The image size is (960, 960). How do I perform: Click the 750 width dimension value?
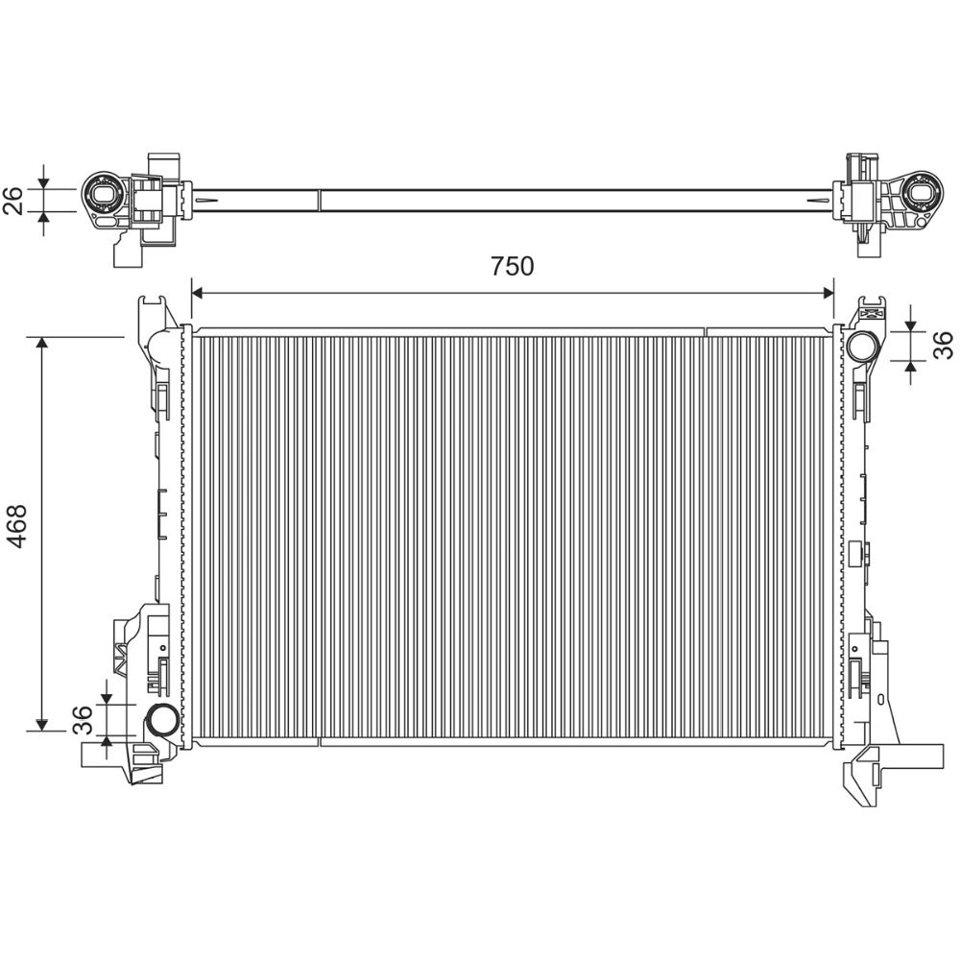(x=512, y=266)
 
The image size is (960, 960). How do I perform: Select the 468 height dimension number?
(x=16, y=526)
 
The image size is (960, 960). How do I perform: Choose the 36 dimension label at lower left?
(x=82, y=720)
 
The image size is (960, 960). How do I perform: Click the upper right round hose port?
(x=862, y=346)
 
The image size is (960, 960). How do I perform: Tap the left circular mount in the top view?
(x=105, y=195)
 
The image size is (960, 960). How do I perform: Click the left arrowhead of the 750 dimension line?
(x=197, y=294)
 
